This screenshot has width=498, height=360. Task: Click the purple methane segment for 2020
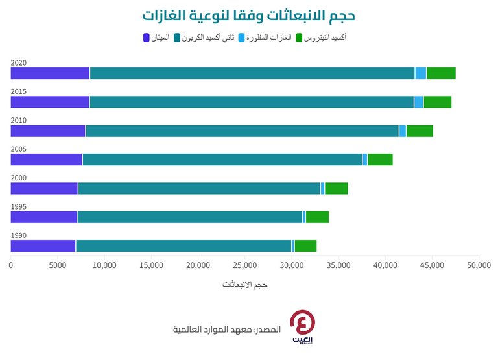point(50,73)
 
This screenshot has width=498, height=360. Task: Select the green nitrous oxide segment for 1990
point(305,246)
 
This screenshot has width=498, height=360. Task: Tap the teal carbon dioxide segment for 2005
point(222,160)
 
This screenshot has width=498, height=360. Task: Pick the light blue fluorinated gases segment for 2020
point(421,73)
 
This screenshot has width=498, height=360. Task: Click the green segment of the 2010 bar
point(420,131)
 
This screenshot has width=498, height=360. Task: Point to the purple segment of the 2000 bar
point(44,189)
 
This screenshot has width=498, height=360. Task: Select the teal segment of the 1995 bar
point(189,217)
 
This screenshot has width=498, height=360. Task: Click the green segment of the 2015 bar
point(437,102)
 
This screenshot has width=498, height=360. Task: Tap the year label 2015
point(19,91)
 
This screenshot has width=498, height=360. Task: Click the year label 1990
point(19,235)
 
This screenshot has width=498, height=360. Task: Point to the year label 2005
point(19,149)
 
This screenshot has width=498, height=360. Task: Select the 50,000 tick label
point(479,265)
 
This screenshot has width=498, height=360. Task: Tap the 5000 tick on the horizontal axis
point(57,265)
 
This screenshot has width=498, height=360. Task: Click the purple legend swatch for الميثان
point(146,38)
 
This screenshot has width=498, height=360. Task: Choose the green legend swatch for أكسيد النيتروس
point(300,38)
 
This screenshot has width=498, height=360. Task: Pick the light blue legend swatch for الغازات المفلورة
point(243,38)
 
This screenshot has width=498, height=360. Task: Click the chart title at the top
point(248,15)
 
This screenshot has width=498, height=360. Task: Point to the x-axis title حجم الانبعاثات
point(245,285)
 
